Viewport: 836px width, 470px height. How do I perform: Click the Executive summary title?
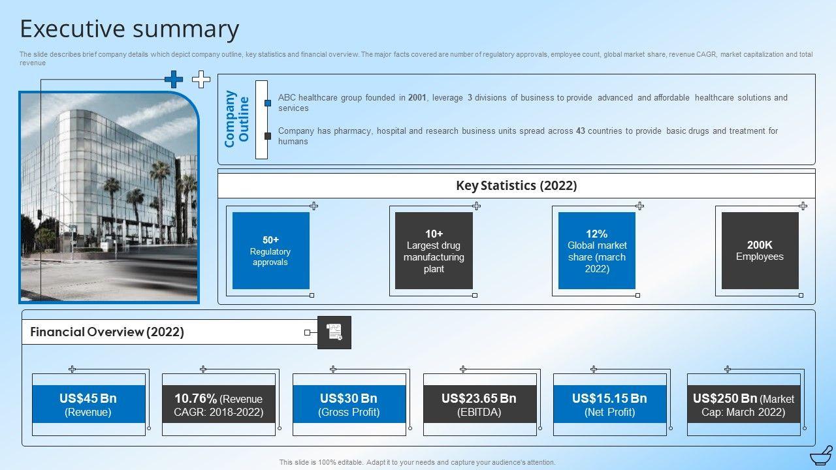pyautogui.click(x=129, y=29)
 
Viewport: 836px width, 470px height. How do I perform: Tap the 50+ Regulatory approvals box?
pyautogui.click(x=270, y=251)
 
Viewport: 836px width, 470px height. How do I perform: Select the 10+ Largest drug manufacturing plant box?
pyautogui.click(x=434, y=251)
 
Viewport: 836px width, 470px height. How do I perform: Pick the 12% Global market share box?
pyautogui.click(x=596, y=251)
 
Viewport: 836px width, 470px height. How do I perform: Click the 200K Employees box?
pyautogui.click(x=760, y=251)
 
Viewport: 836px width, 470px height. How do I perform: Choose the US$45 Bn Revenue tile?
pyautogui.click(x=89, y=404)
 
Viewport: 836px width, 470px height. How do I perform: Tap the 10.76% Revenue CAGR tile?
pyautogui.click(x=219, y=404)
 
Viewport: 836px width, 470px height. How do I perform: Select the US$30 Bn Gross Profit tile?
pyautogui.click(x=349, y=404)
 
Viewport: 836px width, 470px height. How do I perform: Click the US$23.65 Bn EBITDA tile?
pyautogui.click(x=479, y=404)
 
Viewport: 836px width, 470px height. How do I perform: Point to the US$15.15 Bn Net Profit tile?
pyautogui.click(x=609, y=404)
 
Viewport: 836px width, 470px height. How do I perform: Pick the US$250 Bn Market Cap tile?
pyautogui.click(x=743, y=404)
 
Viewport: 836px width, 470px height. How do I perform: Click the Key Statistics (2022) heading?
pyautogui.click(x=516, y=185)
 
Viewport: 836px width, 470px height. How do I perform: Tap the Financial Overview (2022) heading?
pyautogui.click(x=107, y=332)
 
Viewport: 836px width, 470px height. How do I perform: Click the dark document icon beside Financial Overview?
pyautogui.click(x=334, y=332)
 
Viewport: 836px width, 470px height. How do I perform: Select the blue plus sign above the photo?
pyautogui.click(x=174, y=80)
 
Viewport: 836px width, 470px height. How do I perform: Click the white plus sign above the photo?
pyautogui.click(x=201, y=80)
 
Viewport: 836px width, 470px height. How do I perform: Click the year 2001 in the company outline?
pyautogui.click(x=417, y=98)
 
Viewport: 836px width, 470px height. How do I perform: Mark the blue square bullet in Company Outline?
pyautogui.click(x=268, y=103)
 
